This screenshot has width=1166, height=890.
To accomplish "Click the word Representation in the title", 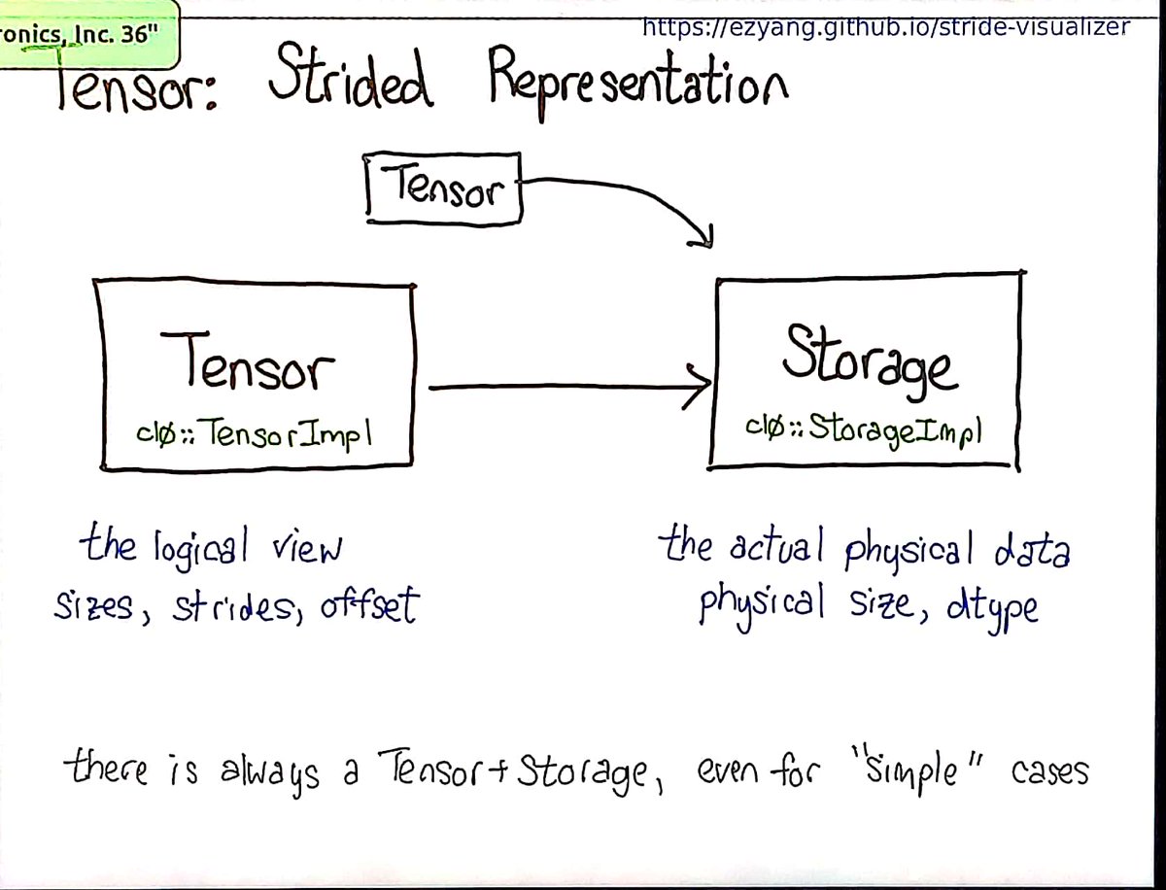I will pyautogui.click(x=637, y=82).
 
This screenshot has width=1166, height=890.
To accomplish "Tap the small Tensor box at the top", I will pyautogui.click(x=445, y=188).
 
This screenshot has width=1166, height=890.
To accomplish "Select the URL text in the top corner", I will pyautogui.click(x=886, y=26).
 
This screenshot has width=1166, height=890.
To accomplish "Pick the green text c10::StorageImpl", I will pyautogui.click(x=864, y=428).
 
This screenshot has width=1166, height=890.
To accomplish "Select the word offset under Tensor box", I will pyautogui.click(x=372, y=606).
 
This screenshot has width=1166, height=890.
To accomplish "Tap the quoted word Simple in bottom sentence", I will pyautogui.click(x=914, y=773).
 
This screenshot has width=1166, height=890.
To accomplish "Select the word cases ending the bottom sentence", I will pyautogui.click(x=1050, y=773).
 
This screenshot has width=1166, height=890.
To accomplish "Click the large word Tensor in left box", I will pyautogui.click(x=249, y=361).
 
